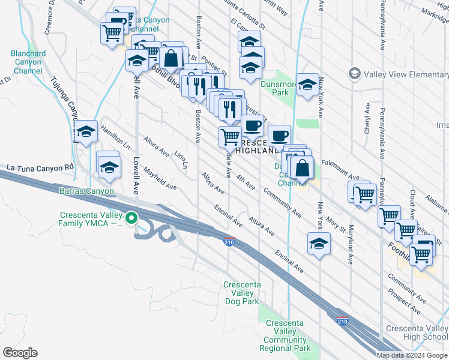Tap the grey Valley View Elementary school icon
point(354,74)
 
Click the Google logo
point(20,353)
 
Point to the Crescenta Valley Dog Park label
point(242,293)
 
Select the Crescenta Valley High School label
point(417,332)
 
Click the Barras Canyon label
point(86,191)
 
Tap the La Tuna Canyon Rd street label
point(40,167)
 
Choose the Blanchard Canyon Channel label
point(28,62)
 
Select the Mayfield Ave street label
point(159,178)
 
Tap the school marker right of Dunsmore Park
point(307,85)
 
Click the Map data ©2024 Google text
point(412,355)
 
